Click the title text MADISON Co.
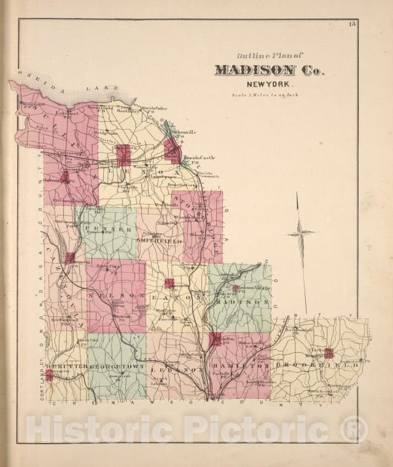point(270,71)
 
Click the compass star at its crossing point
point(300,233)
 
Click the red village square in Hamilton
point(215,339)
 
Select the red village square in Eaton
point(169,283)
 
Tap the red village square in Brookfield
point(329,353)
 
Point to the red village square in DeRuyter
point(49,375)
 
